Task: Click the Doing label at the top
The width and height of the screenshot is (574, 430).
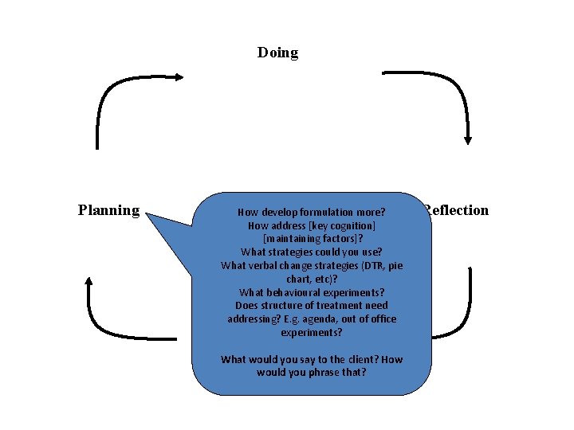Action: click(277, 53)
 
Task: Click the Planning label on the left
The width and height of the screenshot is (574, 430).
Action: click(108, 210)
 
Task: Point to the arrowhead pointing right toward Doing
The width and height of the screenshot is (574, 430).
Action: click(180, 77)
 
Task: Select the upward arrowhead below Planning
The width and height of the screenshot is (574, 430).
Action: click(88, 281)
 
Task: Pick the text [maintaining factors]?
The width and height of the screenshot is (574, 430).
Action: click(312, 239)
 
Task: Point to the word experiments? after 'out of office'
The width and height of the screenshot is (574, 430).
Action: click(312, 332)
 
